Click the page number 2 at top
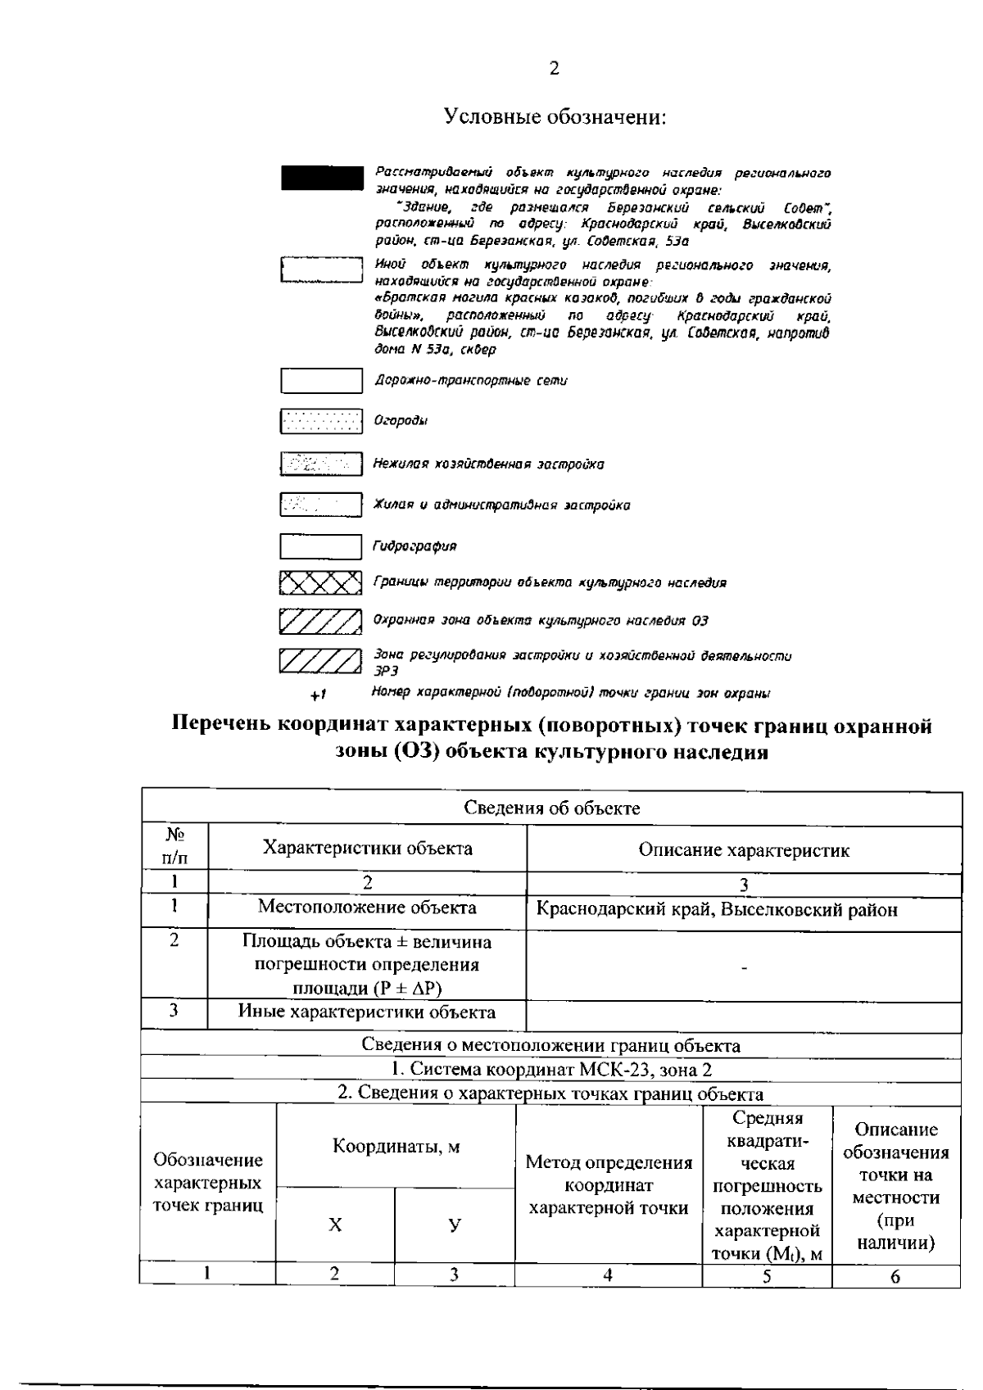554,69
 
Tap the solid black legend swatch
321,178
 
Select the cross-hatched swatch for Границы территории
320,583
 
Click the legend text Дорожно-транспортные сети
470,381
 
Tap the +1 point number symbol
319,695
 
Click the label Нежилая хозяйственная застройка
488,464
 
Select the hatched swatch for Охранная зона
320,622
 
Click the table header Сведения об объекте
552,808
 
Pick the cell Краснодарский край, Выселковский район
717,910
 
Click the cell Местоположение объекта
366,907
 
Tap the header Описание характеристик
744,850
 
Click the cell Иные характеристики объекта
366,1012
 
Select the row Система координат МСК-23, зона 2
551,1069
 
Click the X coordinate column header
335,1225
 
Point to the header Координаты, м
396,1146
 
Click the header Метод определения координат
609,1184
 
